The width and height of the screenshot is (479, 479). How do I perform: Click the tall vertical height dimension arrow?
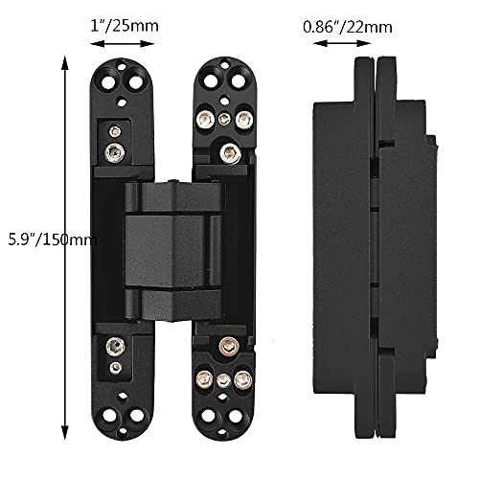coord(64,239)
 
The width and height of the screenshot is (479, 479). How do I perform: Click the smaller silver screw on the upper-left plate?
coord(114,130)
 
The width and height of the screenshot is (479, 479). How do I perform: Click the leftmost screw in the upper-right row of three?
coord(205,120)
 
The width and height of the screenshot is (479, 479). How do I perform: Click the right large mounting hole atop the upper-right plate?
coord(238,75)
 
